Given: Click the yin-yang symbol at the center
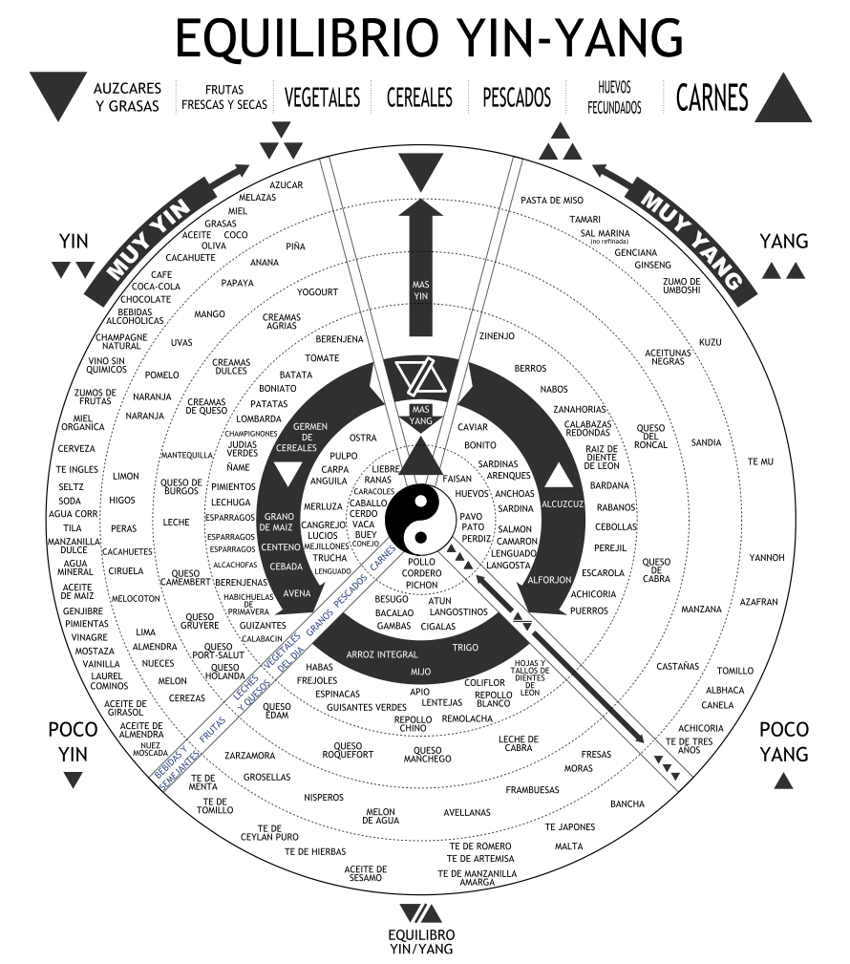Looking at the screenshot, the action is [421, 516].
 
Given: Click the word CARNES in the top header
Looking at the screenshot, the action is [712, 96].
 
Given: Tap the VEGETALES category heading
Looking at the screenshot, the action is [322, 96].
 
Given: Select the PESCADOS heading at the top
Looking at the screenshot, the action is [517, 96].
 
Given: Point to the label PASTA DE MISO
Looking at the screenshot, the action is [552, 200].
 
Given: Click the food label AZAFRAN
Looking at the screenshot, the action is [758, 602].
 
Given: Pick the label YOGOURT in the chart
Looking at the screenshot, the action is [318, 291].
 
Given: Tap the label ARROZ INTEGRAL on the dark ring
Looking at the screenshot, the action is [382, 654].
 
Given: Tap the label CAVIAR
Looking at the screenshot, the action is [473, 426].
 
